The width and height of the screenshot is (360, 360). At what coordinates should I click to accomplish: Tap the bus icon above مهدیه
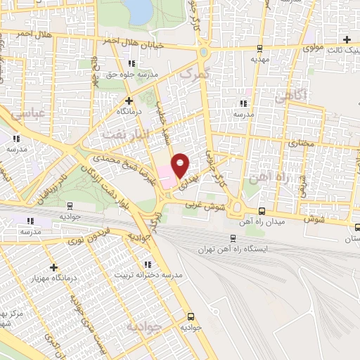(260, 49)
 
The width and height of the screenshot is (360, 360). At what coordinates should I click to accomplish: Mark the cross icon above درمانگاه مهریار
(54, 266)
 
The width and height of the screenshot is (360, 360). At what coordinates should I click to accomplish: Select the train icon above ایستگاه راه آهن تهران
(233, 238)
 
